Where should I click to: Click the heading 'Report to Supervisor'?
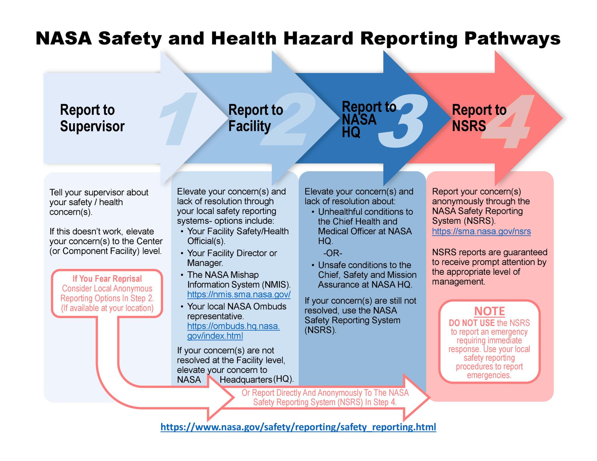coord(92,118)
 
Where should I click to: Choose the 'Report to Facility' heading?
coord(255,118)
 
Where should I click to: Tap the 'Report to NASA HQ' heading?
coord(368,119)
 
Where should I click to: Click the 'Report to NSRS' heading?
coord(479,118)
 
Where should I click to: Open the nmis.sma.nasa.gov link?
coord(239,294)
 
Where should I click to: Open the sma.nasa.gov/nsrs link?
coord(481,231)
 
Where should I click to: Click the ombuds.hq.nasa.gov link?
coord(233,331)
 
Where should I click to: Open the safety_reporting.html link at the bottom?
coord(298,427)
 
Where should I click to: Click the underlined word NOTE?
coord(489,311)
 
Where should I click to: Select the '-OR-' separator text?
coord(333,253)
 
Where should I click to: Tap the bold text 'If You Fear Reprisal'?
coord(107,279)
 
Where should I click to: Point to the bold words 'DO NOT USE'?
coord(472,323)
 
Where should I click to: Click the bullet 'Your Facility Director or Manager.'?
coord(232,258)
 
